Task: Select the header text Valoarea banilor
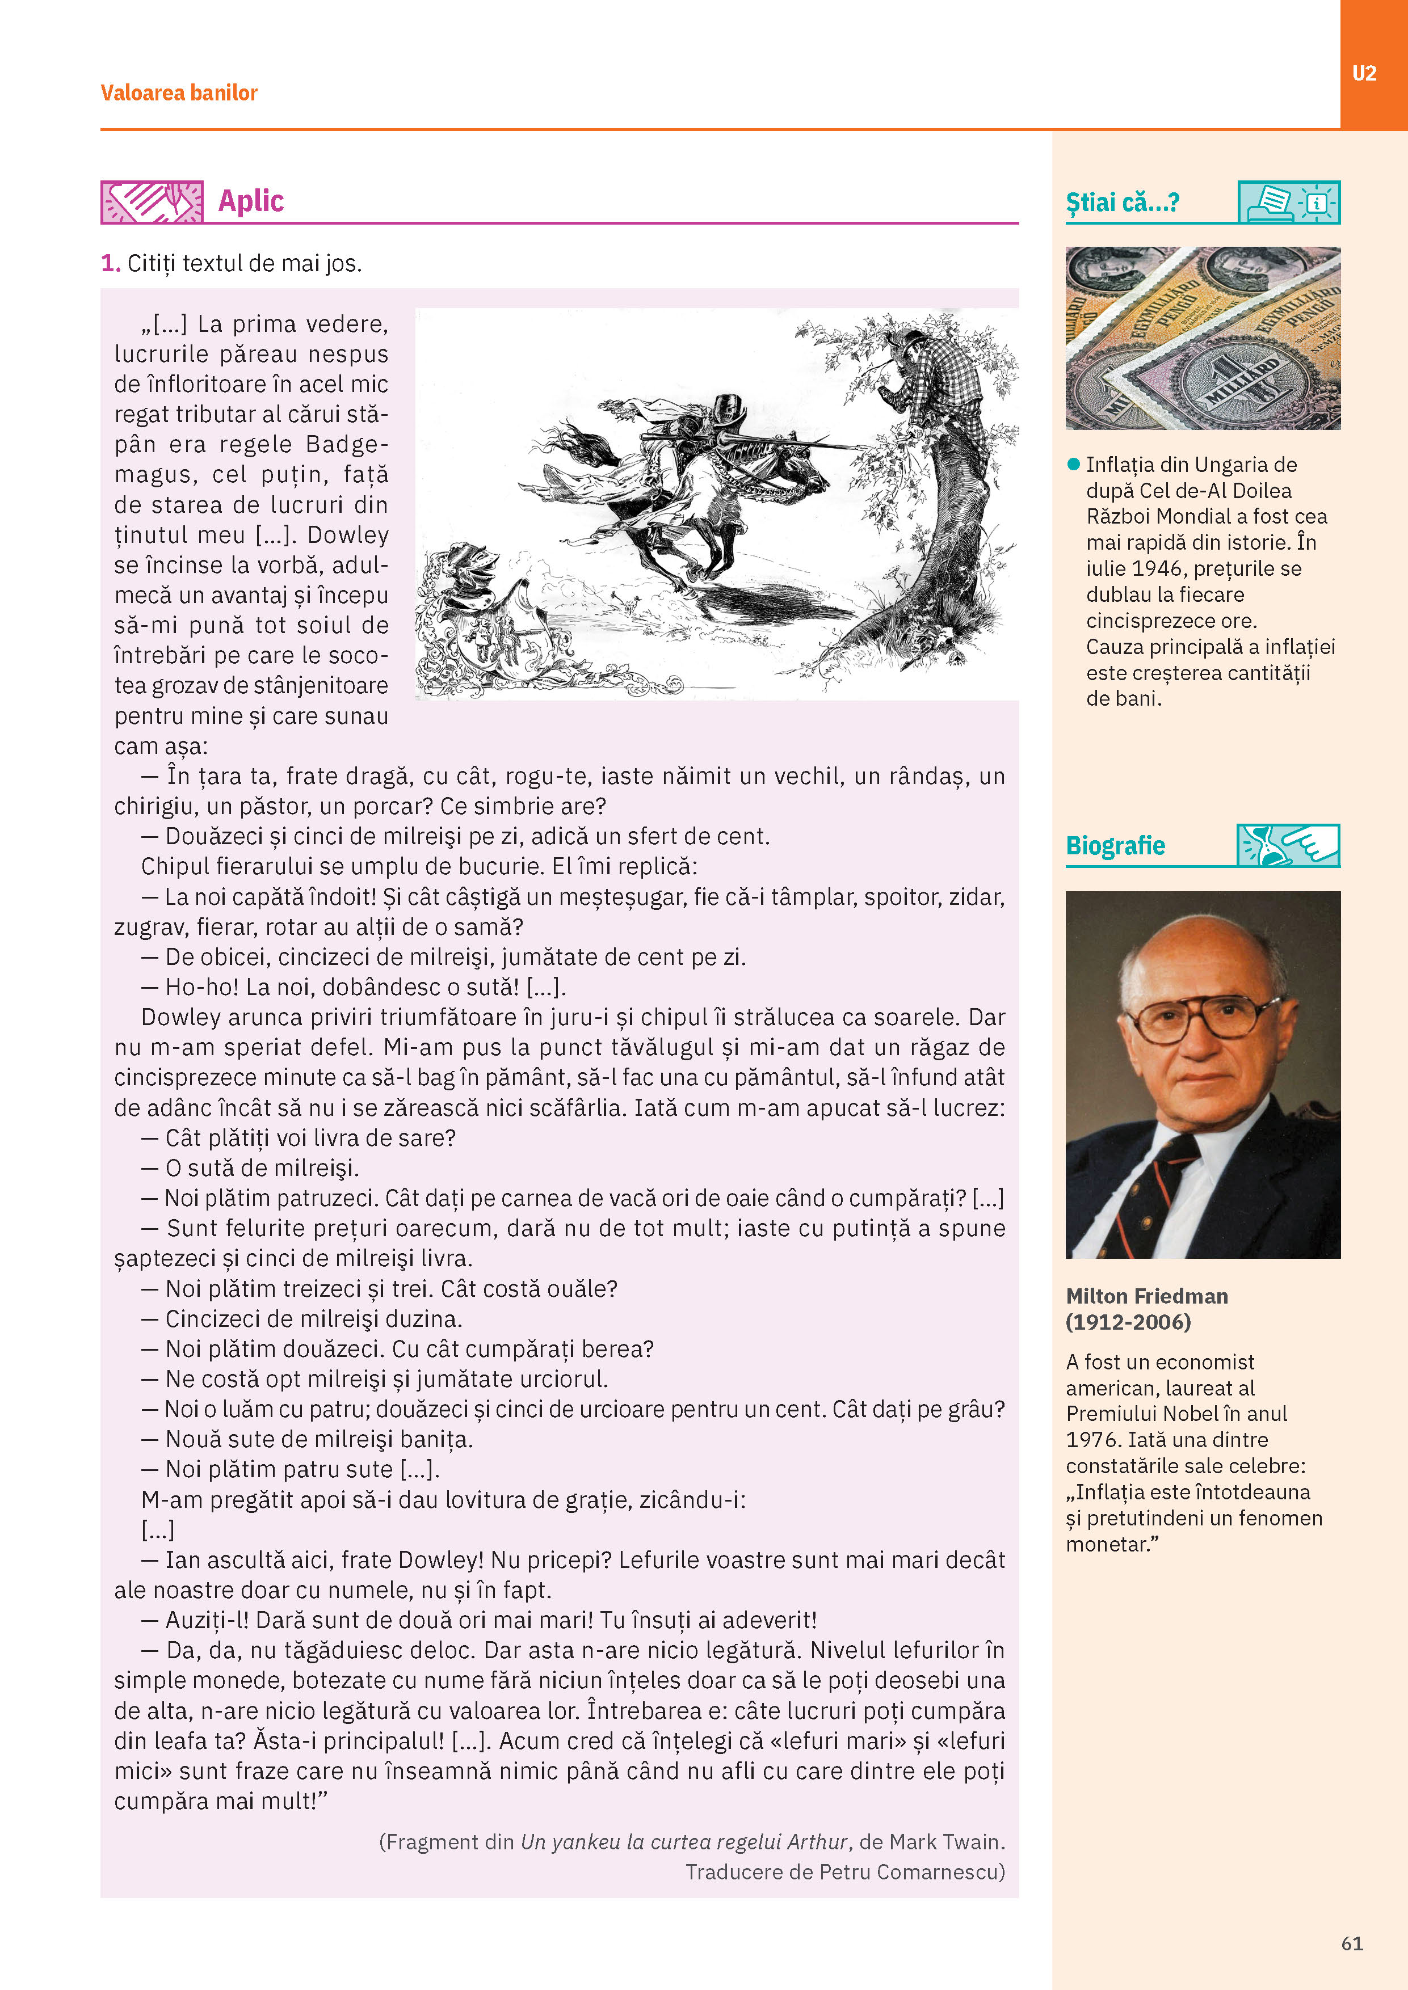pyautogui.click(x=179, y=92)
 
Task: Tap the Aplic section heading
pyautogui.click(x=251, y=200)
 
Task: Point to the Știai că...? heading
pyautogui.click(x=1122, y=203)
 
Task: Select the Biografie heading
pyautogui.click(x=1115, y=845)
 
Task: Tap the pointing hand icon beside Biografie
pyautogui.click(x=1288, y=845)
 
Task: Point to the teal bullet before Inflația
pyautogui.click(x=1073, y=465)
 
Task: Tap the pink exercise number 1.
pyautogui.click(x=109, y=263)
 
